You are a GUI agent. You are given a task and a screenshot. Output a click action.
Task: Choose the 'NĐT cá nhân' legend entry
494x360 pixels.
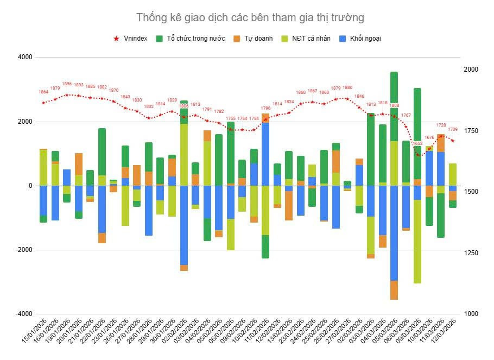[x=308, y=39]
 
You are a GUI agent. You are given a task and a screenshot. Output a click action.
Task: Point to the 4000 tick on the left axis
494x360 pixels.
[x=25, y=57]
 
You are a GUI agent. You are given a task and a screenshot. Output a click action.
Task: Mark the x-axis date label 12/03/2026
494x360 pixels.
[x=445, y=332]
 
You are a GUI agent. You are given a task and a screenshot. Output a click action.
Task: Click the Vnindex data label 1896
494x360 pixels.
[x=67, y=84]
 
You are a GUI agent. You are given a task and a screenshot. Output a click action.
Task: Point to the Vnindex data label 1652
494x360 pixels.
[x=417, y=143]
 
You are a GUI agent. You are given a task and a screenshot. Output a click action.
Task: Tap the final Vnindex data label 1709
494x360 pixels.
[x=453, y=130]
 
